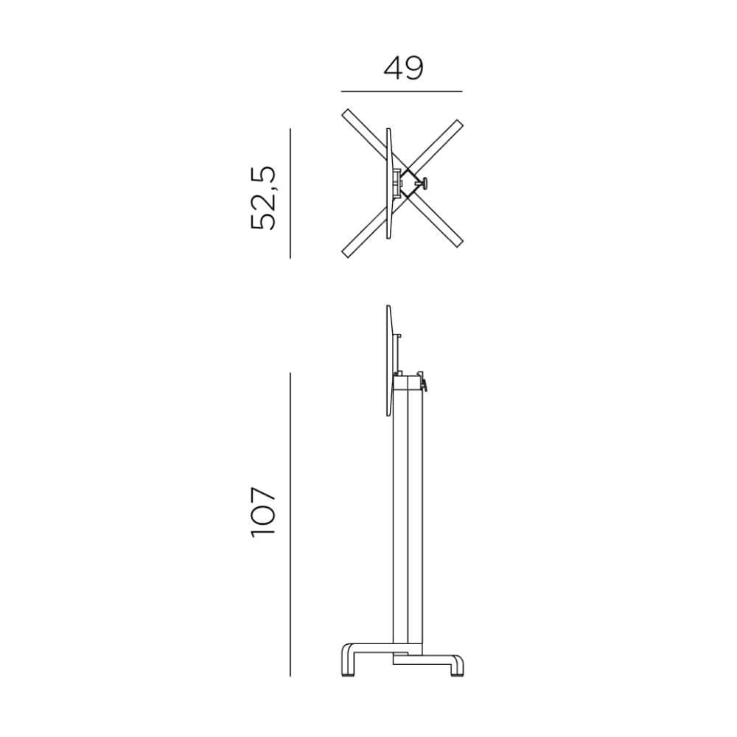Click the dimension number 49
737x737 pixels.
(403, 68)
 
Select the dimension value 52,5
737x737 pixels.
(263, 198)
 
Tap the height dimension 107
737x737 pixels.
(263, 511)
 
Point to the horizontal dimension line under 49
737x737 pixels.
(402, 91)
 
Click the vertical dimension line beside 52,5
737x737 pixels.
(290, 193)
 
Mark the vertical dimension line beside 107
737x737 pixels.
(290, 525)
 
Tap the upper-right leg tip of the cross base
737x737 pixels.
(458, 124)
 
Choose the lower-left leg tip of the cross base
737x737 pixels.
(346, 253)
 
